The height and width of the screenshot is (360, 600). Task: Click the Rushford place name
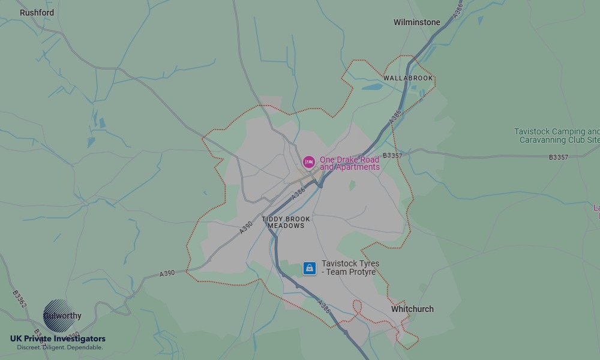click(x=37, y=13)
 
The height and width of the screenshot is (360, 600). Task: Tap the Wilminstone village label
click(x=416, y=22)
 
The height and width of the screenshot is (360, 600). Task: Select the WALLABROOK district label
click(x=408, y=78)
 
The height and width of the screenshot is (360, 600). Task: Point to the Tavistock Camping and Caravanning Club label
click(x=556, y=136)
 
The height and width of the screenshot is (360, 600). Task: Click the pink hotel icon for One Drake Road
click(x=309, y=162)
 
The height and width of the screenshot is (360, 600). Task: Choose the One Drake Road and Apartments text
click(x=349, y=163)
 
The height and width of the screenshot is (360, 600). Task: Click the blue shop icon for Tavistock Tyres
click(x=309, y=268)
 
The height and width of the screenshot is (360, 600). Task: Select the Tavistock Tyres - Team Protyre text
click(x=350, y=268)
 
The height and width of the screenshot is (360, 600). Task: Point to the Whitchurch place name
click(x=412, y=309)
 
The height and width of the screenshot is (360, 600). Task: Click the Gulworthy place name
click(x=62, y=316)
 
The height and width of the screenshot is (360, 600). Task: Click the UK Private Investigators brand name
click(x=58, y=339)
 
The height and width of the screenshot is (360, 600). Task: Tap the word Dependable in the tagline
click(x=85, y=347)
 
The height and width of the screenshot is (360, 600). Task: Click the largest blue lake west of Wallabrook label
click(x=372, y=86)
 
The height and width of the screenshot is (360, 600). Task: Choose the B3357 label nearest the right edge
click(x=558, y=157)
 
